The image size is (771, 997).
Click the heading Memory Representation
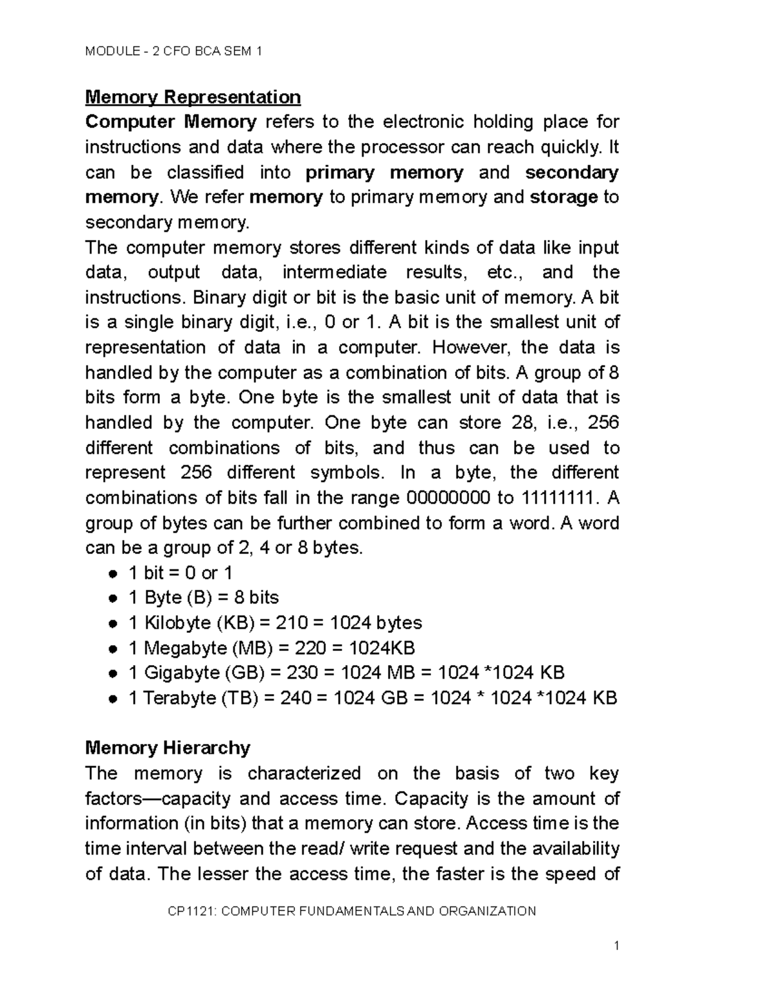(x=193, y=97)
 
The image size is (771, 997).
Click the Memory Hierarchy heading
(x=168, y=748)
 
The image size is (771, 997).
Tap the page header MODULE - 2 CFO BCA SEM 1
(x=173, y=51)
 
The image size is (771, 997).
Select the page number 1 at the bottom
(x=616, y=946)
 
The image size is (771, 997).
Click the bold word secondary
(x=571, y=172)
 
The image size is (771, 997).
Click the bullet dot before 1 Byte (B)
(x=113, y=598)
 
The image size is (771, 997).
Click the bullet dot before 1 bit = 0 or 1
(x=113, y=573)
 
